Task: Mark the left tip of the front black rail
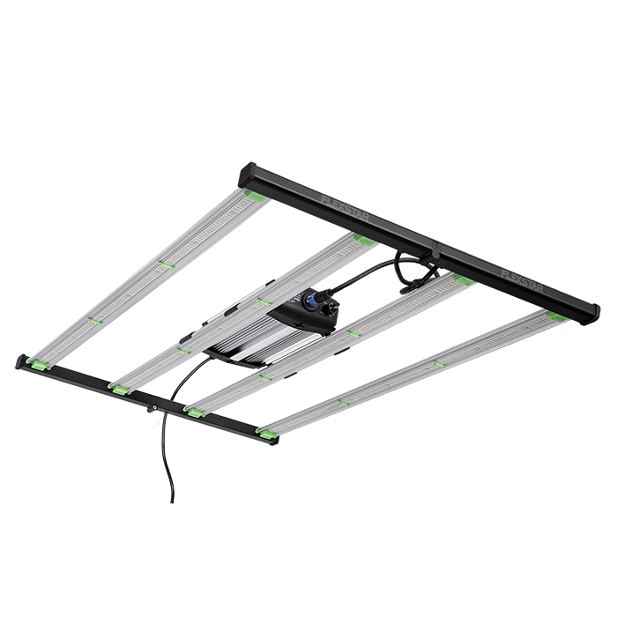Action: tap(19, 358)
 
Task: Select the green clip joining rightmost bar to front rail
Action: tap(264, 431)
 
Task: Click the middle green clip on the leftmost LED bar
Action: tap(163, 264)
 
